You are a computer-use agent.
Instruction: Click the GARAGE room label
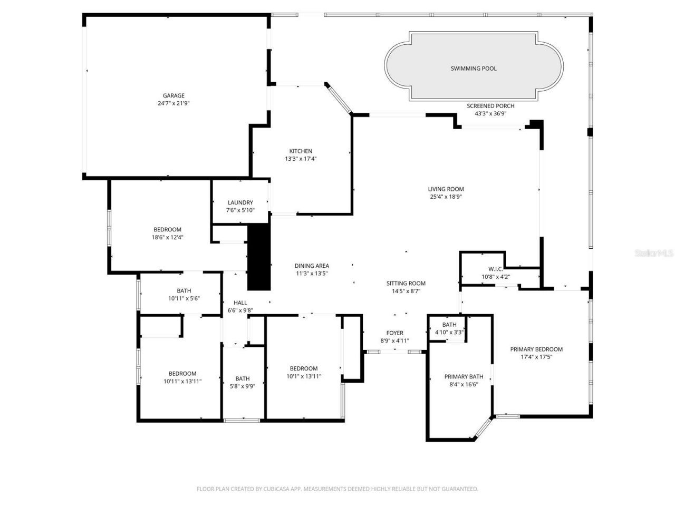coord(173,95)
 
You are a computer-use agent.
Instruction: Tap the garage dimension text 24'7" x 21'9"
coord(173,103)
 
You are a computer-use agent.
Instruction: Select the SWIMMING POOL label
coord(474,68)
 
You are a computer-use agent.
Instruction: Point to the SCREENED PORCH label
coord(490,106)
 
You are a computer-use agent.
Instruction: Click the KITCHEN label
coord(301,151)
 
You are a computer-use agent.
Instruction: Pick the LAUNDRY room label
coord(240,202)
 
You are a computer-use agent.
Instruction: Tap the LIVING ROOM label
coord(446,189)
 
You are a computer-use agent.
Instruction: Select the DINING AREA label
coord(312,266)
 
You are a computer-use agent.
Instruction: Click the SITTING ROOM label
coord(406,284)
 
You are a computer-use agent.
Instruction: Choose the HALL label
coord(240,303)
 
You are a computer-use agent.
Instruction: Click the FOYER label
coord(395,333)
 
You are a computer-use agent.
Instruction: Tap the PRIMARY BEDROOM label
coord(536,349)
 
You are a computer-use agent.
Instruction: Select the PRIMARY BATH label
coord(464,377)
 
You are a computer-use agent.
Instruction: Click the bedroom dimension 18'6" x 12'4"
coord(167,237)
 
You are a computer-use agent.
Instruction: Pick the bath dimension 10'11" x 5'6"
coord(184,298)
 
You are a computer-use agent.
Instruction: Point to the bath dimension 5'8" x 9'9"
coord(243,386)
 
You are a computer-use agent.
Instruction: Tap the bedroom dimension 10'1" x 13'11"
coord(304,376)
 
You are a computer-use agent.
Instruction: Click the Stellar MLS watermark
coord(654,254)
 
